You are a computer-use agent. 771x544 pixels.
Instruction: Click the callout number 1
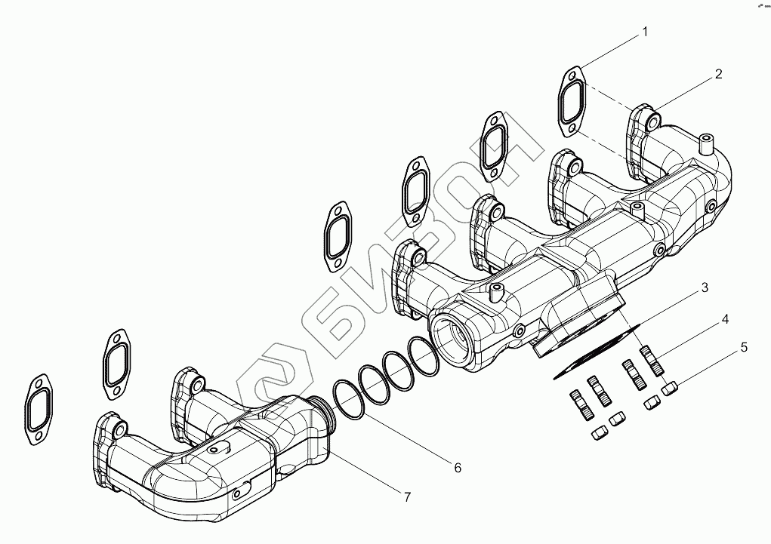645,32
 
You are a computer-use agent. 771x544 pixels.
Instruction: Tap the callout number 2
718,74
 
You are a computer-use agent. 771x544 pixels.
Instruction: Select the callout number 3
703,287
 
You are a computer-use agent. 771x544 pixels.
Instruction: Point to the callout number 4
724,320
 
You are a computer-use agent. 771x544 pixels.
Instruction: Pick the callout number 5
744,348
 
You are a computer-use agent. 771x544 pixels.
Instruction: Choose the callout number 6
458,468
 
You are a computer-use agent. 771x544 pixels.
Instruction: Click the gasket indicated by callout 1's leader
574,103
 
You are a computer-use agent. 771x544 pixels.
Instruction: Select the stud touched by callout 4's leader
652,360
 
